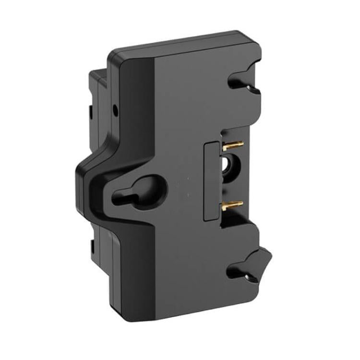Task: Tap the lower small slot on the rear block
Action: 91,247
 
